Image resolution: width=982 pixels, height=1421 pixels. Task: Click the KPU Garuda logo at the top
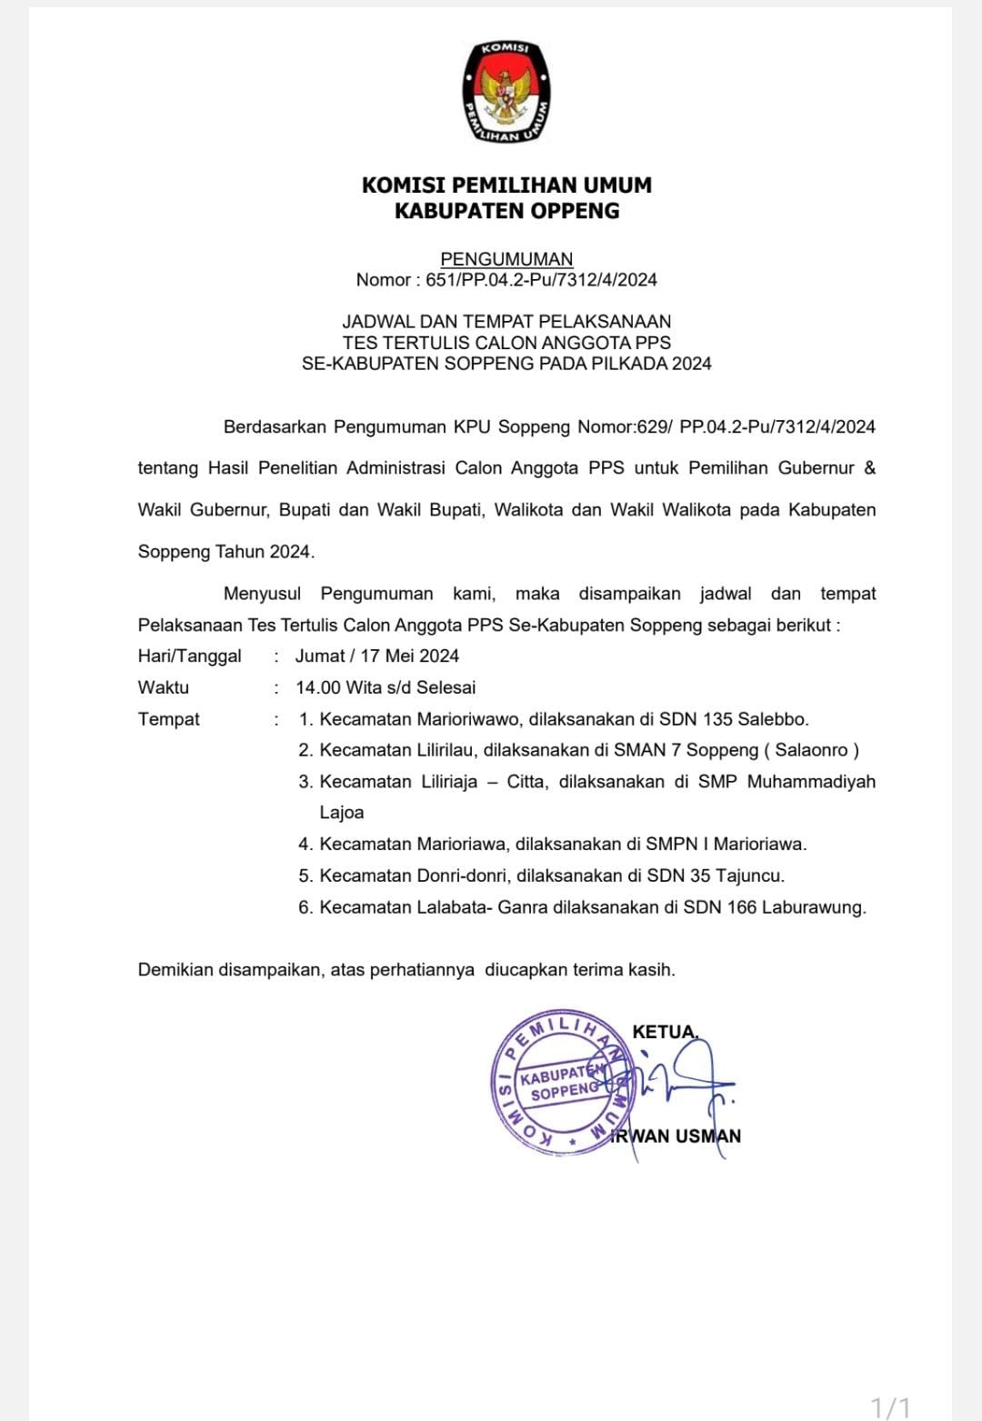(x=506, y=92)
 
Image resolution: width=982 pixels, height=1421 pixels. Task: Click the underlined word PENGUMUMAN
(x=506, y=259)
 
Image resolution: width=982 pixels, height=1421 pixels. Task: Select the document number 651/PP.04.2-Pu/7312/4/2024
(x=541, y=280)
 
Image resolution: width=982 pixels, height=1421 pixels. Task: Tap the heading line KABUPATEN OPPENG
(x=506, y=211)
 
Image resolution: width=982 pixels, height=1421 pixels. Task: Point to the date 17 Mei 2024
(x=409, y=656)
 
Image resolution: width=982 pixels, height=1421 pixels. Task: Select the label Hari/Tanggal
(x=189, y=656)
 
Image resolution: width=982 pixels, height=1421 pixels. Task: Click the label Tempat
(x=168, y=719)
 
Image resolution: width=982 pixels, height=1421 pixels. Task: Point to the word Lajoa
(x=342, y=813)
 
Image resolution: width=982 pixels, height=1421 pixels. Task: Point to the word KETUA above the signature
(x=664, y=1032)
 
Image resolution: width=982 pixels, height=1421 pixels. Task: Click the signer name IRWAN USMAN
(x=677, y=1136)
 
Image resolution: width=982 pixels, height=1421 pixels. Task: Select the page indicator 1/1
(x=890, y=1407)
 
